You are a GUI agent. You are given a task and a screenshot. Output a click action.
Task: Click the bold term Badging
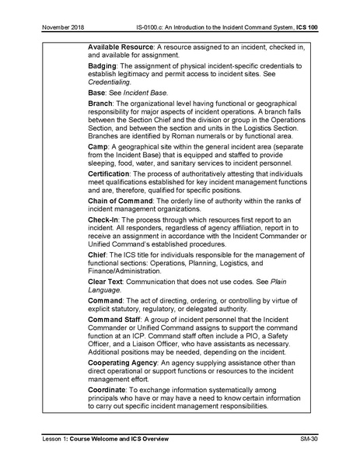(103, 67)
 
